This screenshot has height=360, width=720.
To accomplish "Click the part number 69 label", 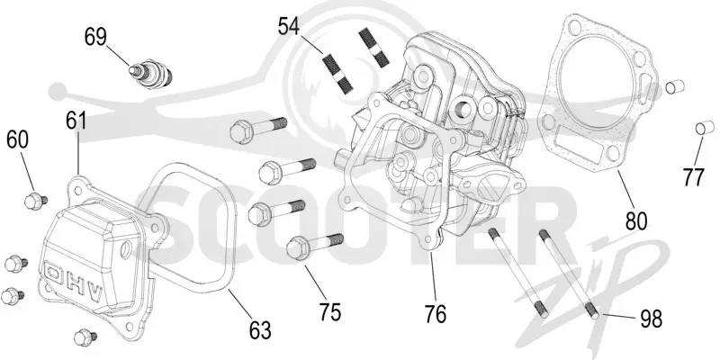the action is pyautogui.click(x=95, y=37).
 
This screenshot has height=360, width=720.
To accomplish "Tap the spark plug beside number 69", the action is pyautogui.click(x=149, y=74).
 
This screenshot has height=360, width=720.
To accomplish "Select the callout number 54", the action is pyautogui.click(x=289, y=26).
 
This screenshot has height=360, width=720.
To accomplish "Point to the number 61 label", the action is pyautogui.click(x=76, y=121).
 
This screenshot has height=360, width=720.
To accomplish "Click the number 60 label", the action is pyautogui.click(x=17, y=139).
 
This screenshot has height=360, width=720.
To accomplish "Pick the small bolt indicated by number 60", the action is pyautogui.click(x=35, y=201).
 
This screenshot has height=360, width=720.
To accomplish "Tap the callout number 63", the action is pyautogui.click(x=260, y=330).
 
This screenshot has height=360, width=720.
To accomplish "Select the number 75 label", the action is pyautogui.click(x=329, y=312).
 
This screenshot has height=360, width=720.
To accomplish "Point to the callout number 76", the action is pyautogui.click(x=435, y=314).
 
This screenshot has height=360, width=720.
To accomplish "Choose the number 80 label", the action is pyautogui.click(x=635, y=221).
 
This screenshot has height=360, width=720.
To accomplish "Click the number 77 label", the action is pyautogui.click(x=693, y=176).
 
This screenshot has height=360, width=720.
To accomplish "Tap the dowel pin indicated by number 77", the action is pyautogui.click(x=705, y=128).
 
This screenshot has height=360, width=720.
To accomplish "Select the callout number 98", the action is pyautogui.click(x=651, y=319).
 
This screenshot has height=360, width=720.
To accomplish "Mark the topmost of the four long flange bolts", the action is pyautogui.click(x=258, y=126).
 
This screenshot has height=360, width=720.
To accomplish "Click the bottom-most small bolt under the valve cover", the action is pyautogui.click(x=85, y=337).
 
